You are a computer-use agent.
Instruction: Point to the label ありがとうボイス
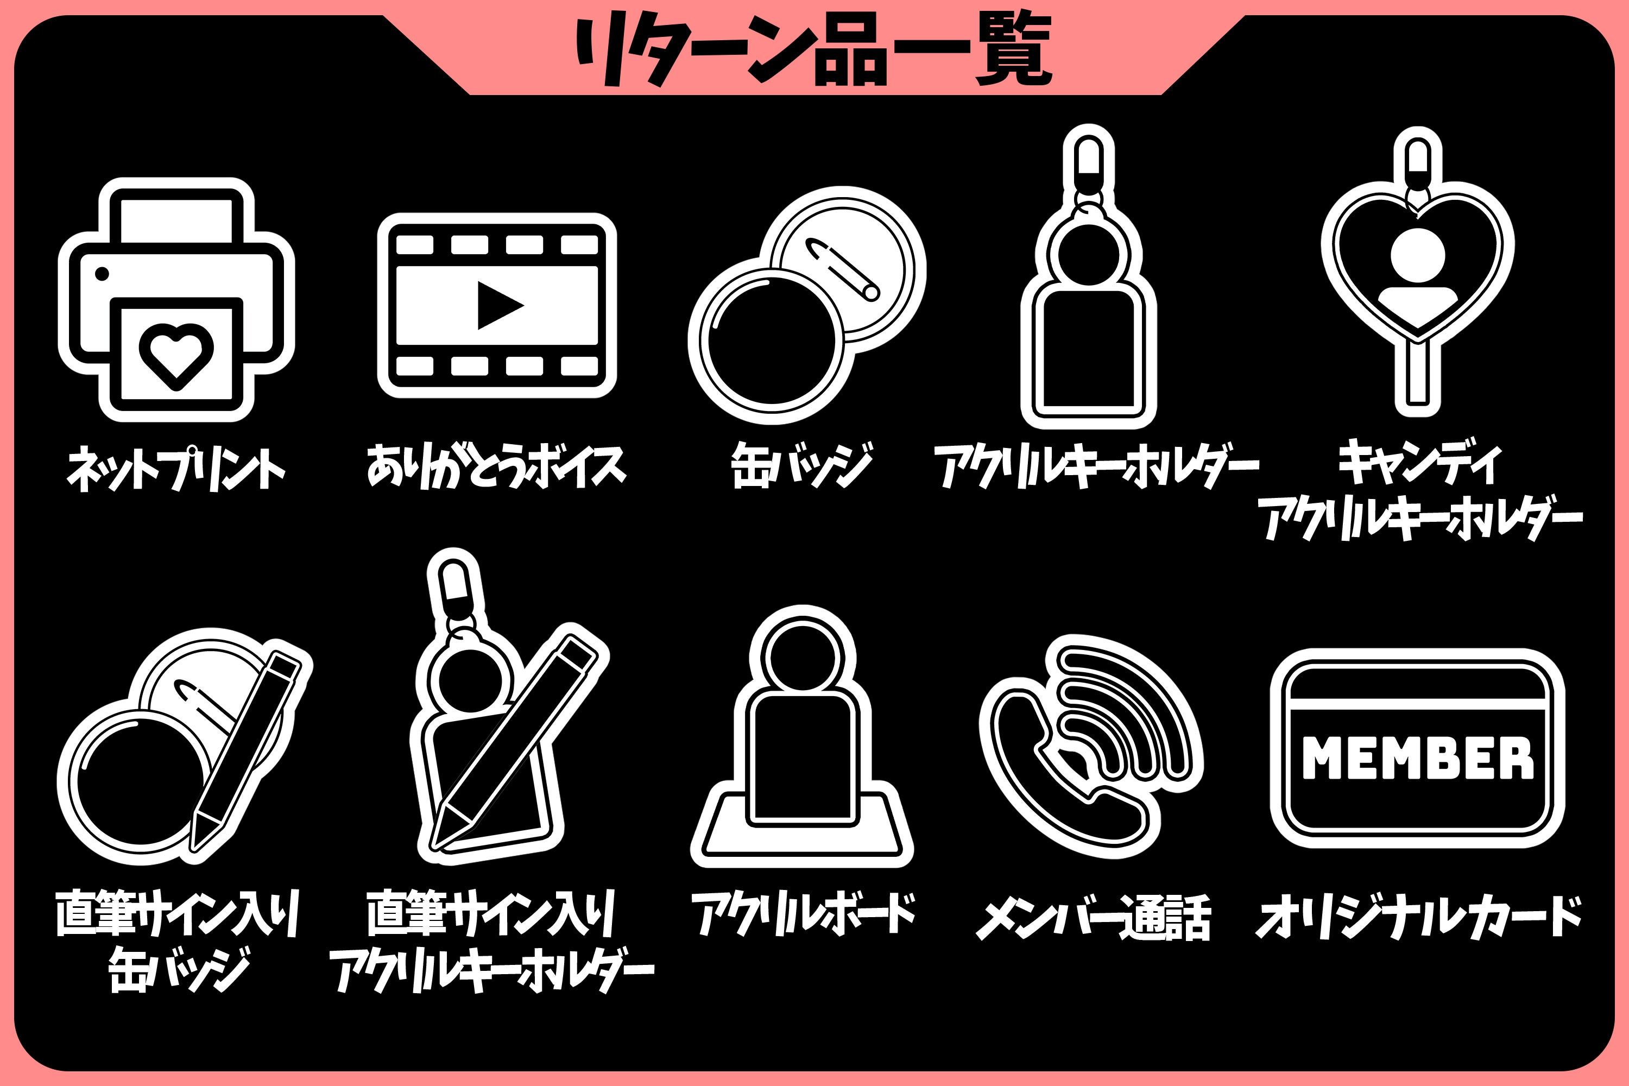496,465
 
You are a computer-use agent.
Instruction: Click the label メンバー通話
1094,917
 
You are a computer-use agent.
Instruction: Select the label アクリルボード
804,913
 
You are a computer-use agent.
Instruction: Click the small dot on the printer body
102,274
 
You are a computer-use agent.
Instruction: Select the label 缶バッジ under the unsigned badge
802,465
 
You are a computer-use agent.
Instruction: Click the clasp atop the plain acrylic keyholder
1089,159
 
